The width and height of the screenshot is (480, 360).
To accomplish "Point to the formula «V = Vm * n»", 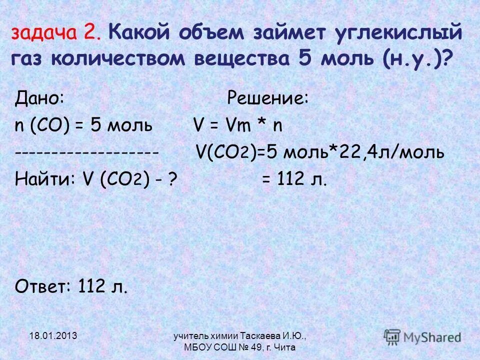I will [x=238, y=125].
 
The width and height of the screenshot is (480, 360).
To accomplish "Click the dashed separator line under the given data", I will [x=87, y=152].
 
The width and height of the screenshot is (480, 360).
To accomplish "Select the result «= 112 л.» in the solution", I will [x=294, y=179].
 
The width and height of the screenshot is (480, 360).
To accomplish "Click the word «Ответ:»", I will [x=43, y=286].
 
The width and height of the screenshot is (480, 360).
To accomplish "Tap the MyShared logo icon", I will [x=392, y=336].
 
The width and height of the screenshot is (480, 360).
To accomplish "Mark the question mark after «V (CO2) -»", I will [x=171, y=179].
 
